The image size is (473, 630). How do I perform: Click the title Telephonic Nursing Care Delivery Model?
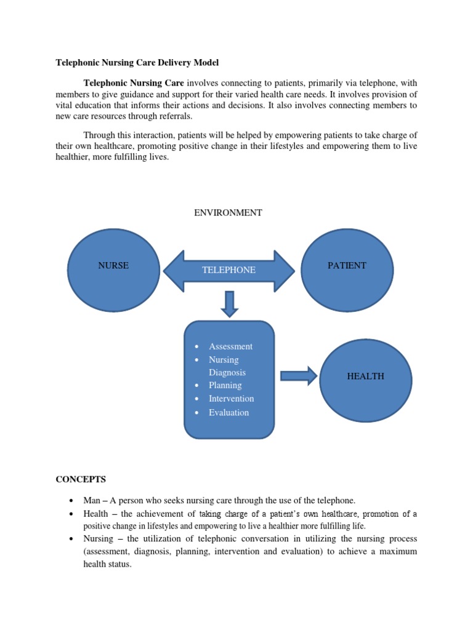click(x=137, y=63)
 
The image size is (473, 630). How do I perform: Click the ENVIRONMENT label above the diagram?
click(x=228, y=213)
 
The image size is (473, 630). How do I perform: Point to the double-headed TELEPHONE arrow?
click(x=228, y=270)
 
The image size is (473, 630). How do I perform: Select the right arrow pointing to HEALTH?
click(x=298, y=376)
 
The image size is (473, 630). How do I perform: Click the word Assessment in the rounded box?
click(x=230, y=346)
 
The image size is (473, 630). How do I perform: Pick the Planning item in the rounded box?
click(x=225, y=385)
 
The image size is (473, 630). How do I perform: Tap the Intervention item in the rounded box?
click(x=231, y=399)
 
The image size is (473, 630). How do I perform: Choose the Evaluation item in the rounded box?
click(x=228, y=412)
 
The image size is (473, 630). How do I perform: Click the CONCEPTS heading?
click(x=81, y=479)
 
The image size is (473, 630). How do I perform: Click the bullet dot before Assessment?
click(x=196, y=347)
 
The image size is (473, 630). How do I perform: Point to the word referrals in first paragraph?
click(x=174, y=116)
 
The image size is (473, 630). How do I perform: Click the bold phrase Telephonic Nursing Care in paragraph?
click(x=134, y=82)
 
